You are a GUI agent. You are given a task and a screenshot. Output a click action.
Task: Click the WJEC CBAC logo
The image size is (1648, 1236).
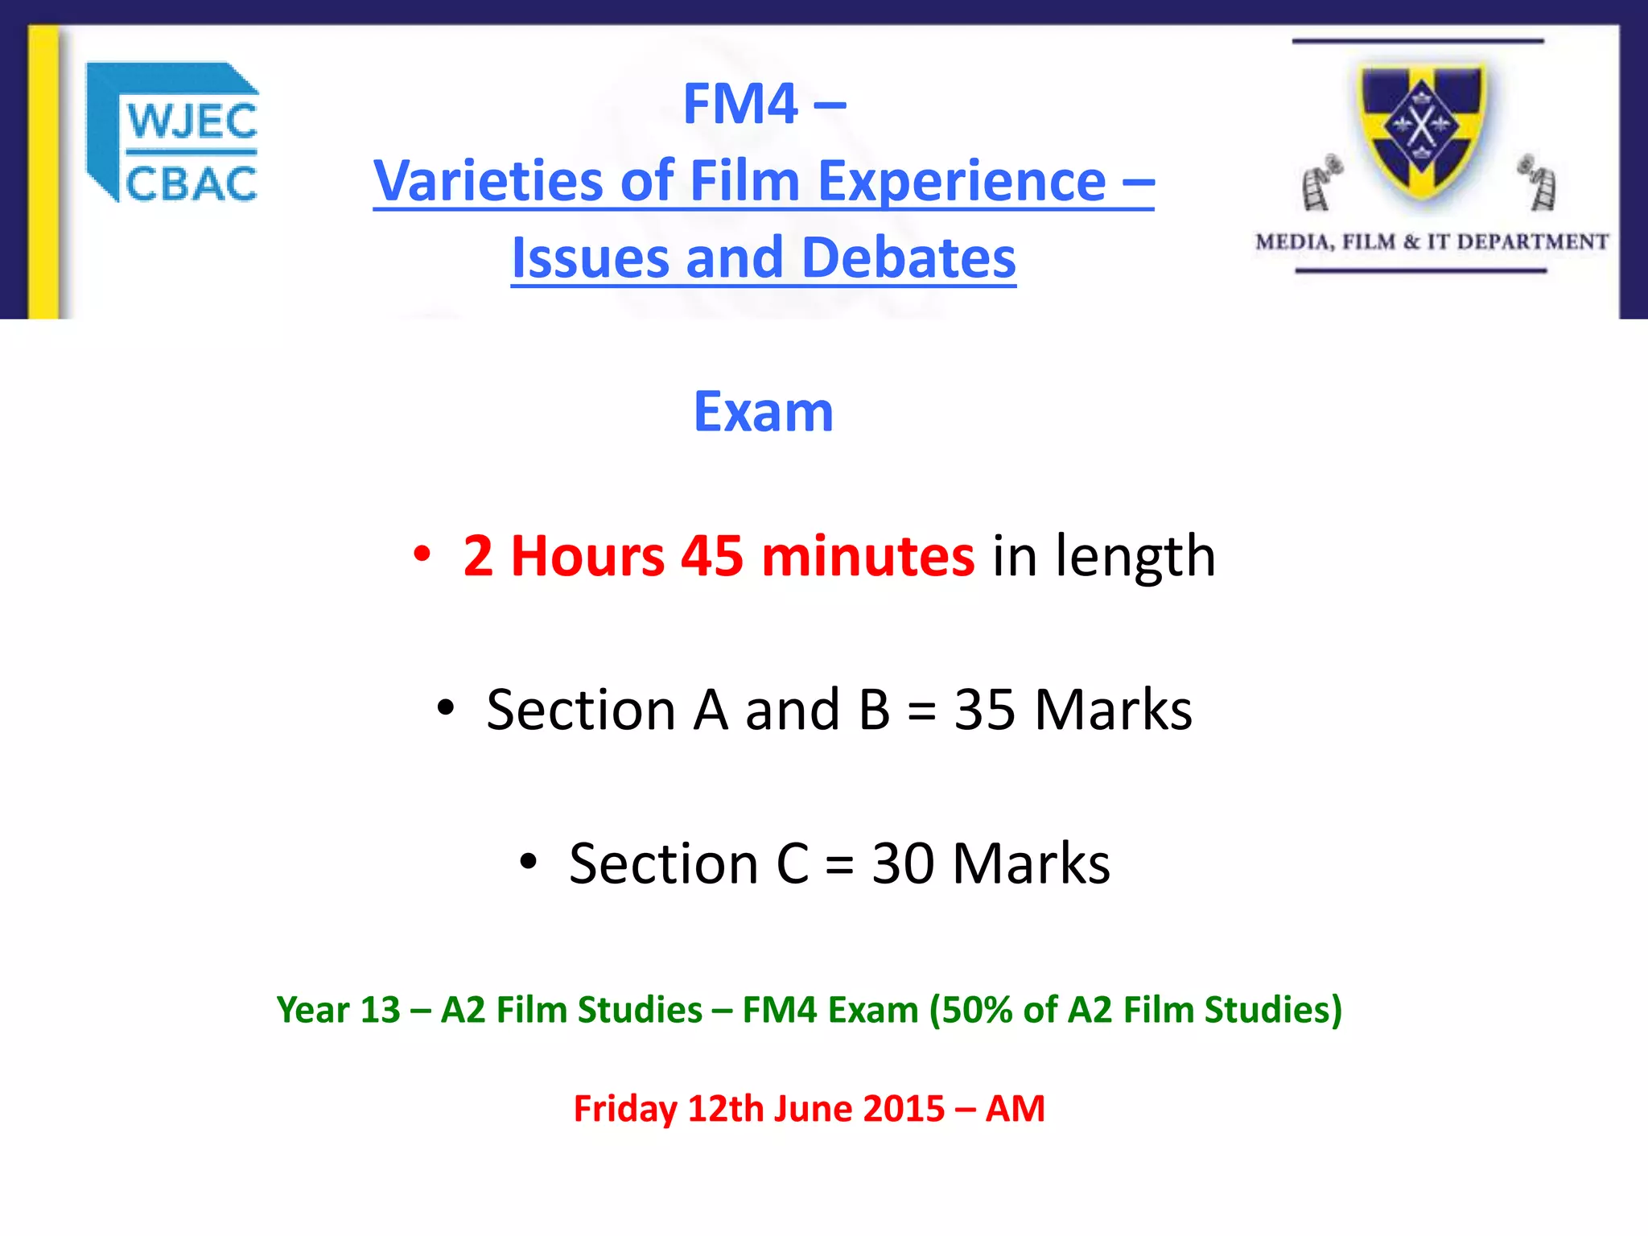173,133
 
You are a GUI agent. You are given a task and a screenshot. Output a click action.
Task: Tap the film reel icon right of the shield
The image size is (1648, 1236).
1538,182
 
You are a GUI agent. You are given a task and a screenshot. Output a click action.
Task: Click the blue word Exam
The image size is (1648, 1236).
763,412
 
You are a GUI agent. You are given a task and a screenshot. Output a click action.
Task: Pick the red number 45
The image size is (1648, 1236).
712,556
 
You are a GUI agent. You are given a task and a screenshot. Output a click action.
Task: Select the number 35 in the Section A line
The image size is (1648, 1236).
984,711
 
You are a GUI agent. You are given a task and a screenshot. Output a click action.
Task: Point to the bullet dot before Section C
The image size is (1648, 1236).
528,862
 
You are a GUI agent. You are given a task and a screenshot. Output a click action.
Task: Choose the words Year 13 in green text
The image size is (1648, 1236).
338,1010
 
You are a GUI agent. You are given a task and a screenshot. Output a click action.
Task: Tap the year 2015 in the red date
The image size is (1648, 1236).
904,1109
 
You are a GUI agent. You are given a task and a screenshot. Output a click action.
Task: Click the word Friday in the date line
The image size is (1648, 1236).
624,1109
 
